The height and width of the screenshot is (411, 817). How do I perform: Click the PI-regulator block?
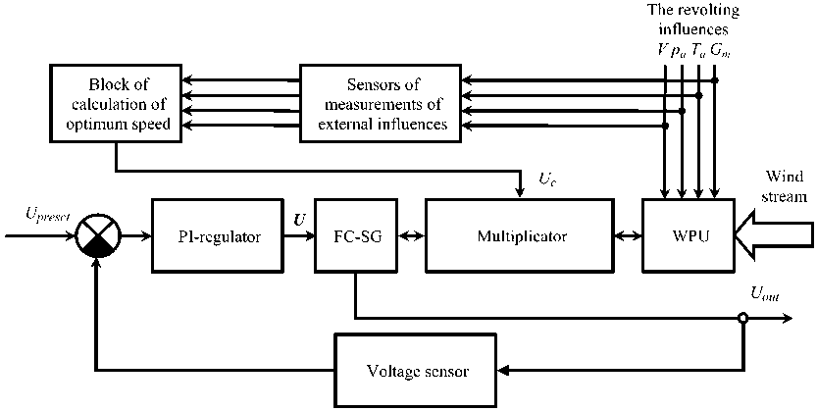211,236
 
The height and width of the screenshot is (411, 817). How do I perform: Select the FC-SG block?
355,236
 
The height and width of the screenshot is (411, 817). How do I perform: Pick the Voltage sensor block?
418,372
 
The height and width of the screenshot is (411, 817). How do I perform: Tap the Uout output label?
765,292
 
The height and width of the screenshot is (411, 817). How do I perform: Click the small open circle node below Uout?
743,317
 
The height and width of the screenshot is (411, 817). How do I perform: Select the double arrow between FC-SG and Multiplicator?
410,236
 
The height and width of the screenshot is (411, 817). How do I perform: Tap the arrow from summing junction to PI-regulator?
133,236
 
